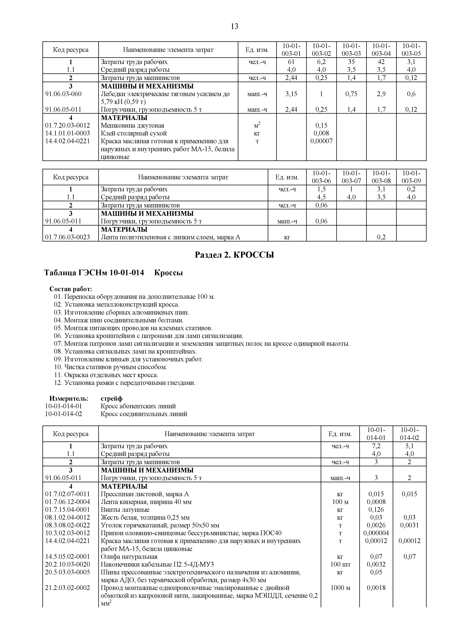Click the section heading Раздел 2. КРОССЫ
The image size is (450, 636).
tap(234, 255)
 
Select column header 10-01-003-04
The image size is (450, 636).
tap(381, 49)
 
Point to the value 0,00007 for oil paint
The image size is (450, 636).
tap(321, 141)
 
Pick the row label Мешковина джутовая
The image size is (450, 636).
tap(132, 125)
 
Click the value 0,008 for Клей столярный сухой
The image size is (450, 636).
tap(321, 133)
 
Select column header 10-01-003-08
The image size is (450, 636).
tap(381, 177)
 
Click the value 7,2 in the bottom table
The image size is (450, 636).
tap(376, 446)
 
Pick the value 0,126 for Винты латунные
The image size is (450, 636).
tap(376, 510)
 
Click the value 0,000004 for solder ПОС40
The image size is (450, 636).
tap(376, 533)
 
